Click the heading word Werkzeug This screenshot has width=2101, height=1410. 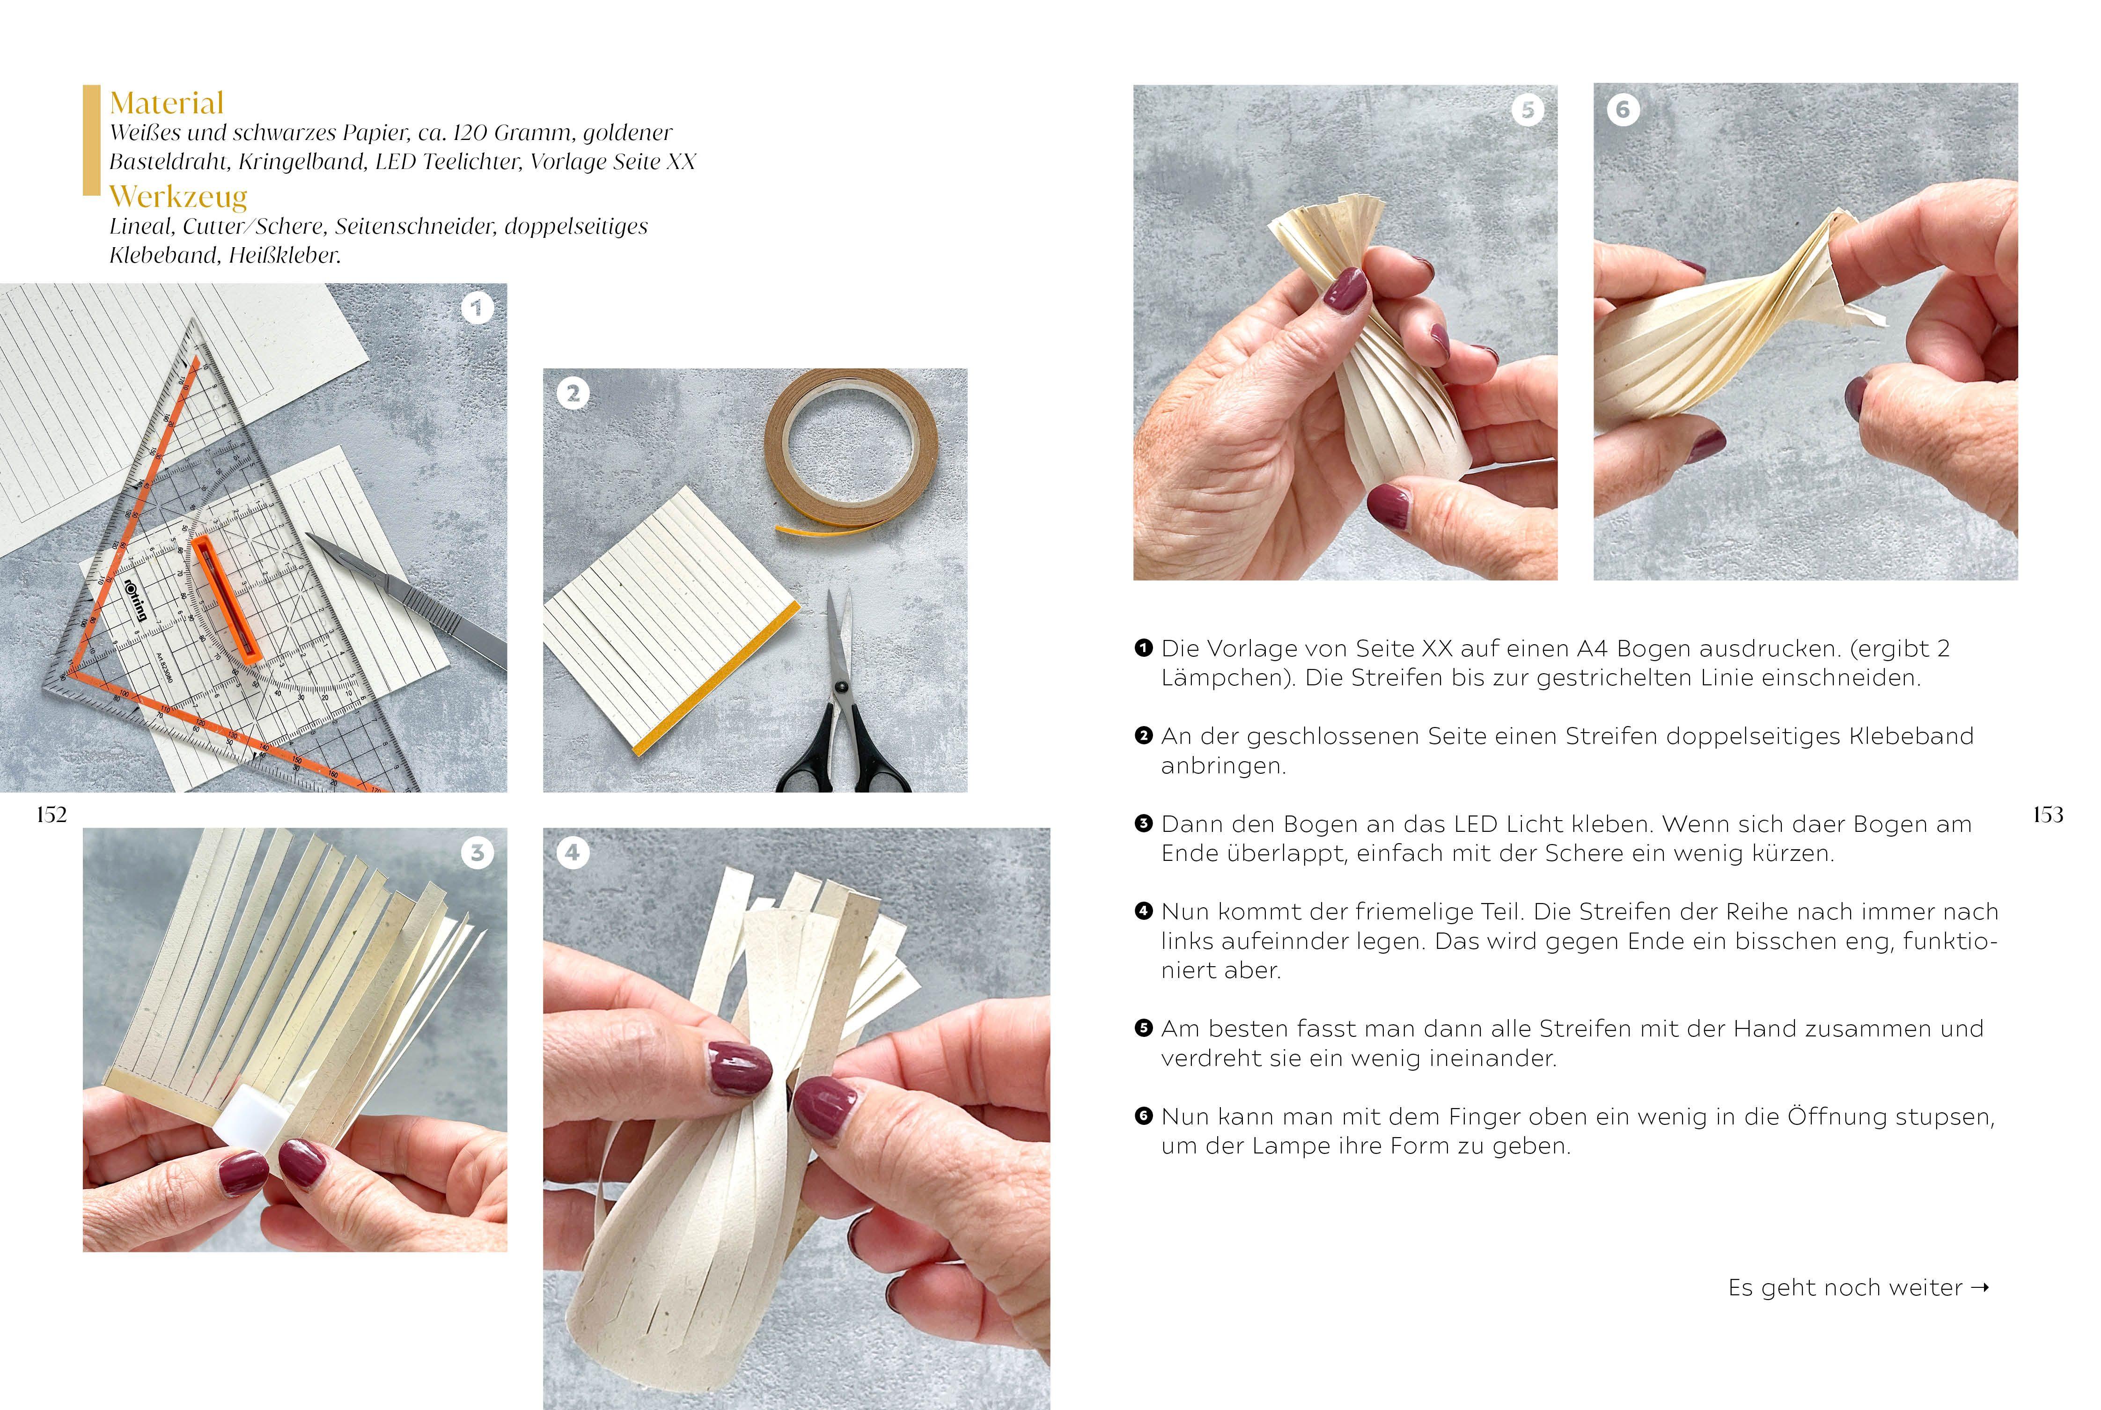(x=178, y=196)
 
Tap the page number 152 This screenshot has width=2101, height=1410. (x=51, y=815)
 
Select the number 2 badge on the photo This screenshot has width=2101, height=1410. (x=573, y=393)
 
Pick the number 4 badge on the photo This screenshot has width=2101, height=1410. (x=573, y=852)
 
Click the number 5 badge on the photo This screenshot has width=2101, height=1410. (x=1528, y=110)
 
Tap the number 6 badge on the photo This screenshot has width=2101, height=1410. (x=1623, y=110)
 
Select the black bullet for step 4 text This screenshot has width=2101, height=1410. (x=1144, y=911)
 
